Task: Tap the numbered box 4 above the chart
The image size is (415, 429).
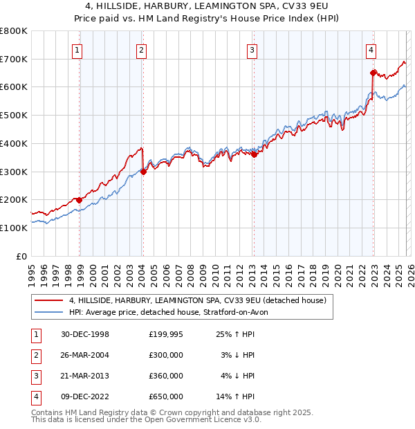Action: click(x=371, y=50)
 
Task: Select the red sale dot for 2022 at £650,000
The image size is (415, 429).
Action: click(x=373, y=73)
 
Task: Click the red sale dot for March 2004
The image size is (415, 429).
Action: click(x=143, y=172)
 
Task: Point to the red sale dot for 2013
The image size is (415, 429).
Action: click(x=253, y=155)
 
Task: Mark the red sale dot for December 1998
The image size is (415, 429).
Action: click(x=80, y=200)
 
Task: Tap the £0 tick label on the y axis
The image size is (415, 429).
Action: click(x=21, y=256)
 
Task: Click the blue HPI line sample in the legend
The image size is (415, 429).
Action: click(x=49, y=312)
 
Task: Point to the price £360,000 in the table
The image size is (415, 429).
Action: click(x=166, y=376)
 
